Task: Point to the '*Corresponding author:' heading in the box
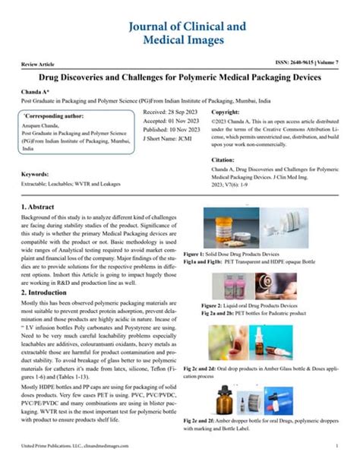(51, 115)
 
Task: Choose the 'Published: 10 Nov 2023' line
(172, 130)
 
